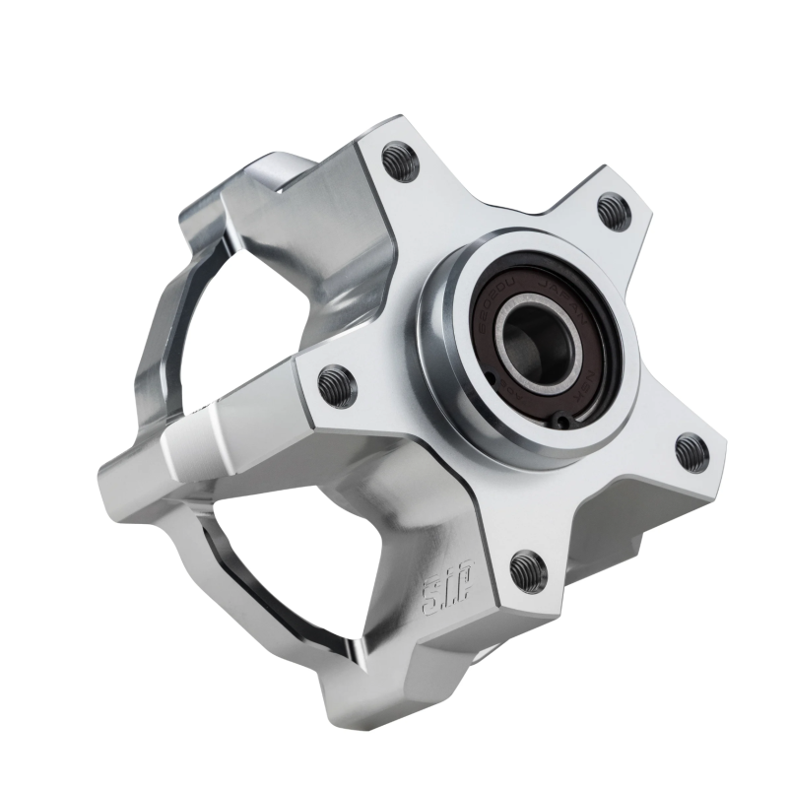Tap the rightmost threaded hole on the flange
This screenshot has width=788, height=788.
(691, 452)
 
